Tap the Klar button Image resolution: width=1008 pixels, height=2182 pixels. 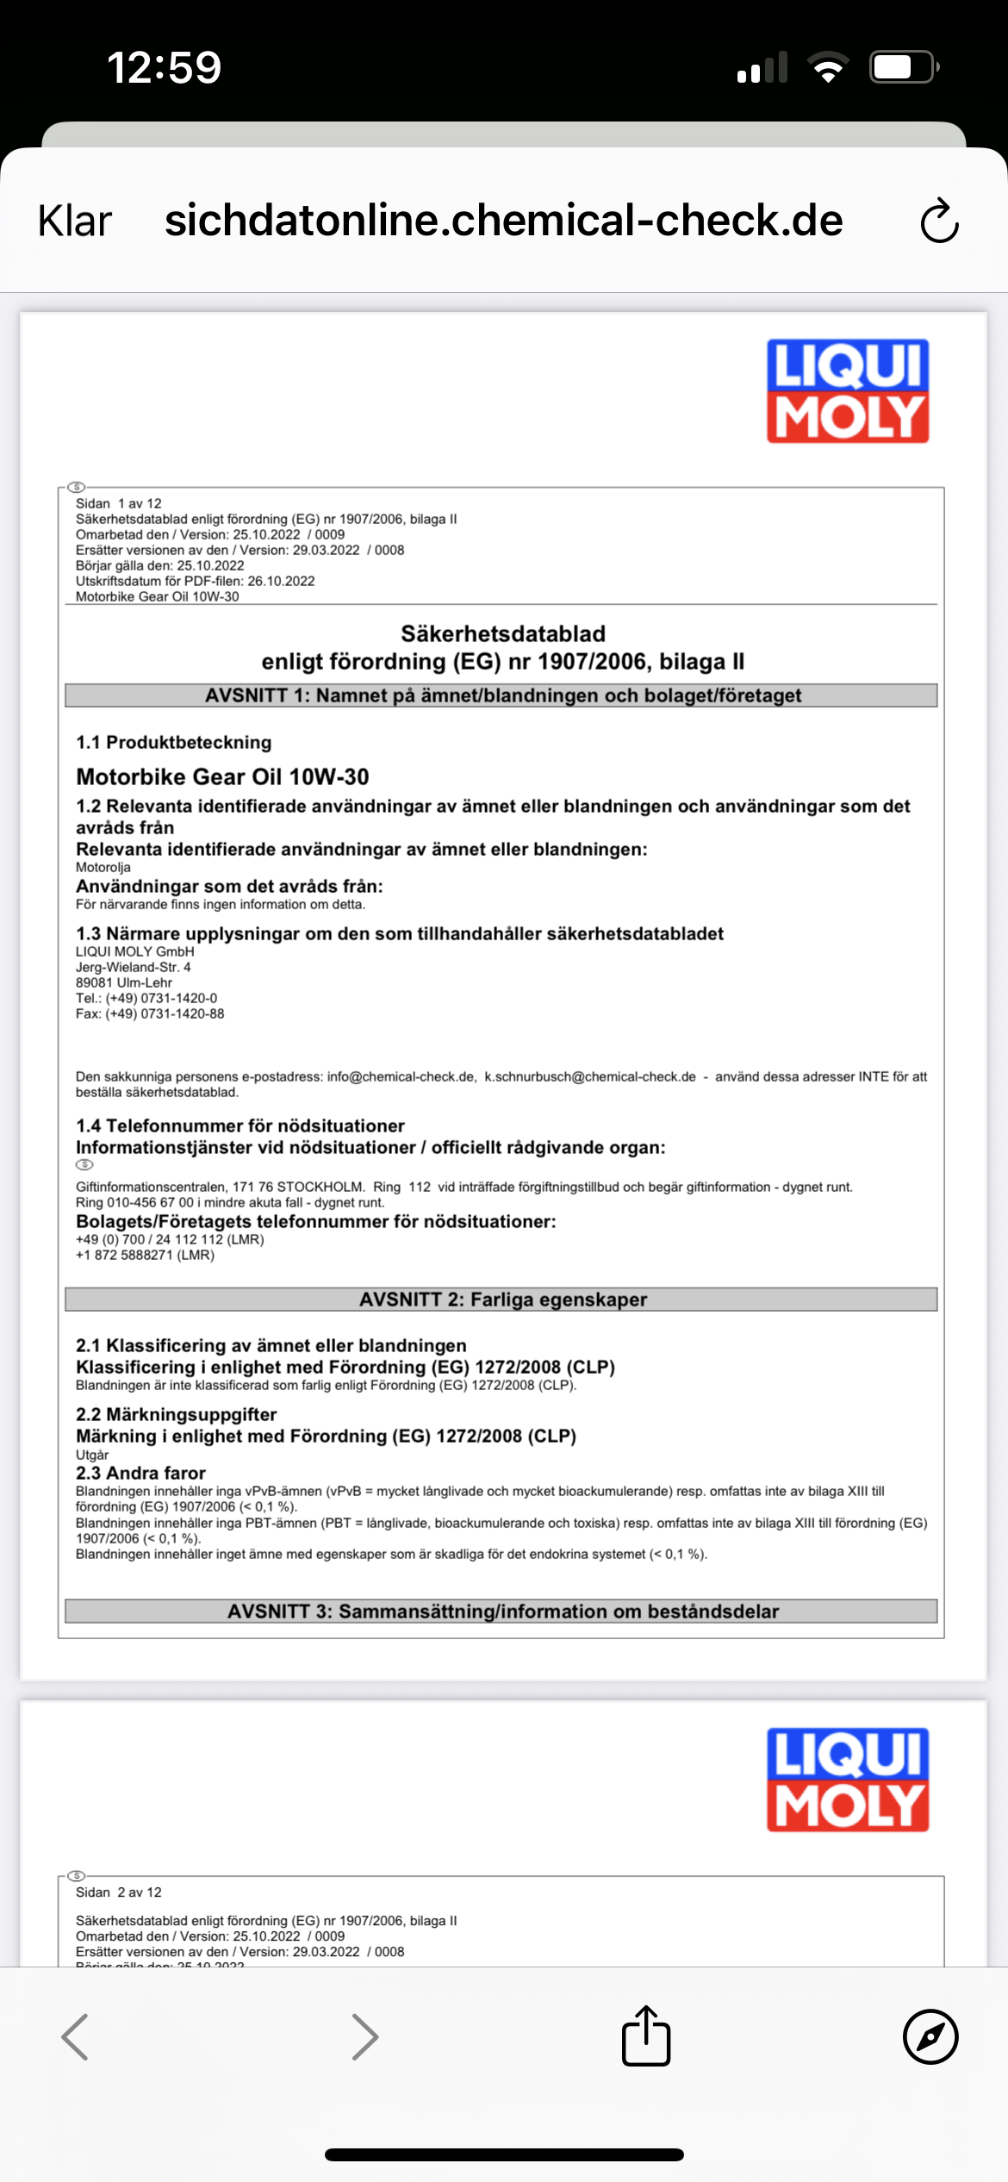75,221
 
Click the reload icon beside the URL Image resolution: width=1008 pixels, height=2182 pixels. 938,221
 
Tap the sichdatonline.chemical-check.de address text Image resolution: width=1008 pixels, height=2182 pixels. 503,221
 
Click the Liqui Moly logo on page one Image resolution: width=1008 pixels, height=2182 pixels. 848,391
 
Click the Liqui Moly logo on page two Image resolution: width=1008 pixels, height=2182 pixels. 848,1780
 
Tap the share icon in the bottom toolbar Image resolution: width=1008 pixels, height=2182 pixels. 646,2037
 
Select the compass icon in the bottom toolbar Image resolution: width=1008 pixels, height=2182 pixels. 930,2037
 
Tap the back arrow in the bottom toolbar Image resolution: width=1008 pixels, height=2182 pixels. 76,2037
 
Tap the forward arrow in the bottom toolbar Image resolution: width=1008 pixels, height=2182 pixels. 365,2037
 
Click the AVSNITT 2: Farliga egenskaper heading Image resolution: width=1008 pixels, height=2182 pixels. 502,1300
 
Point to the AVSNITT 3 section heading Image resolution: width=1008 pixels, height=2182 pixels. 502,1612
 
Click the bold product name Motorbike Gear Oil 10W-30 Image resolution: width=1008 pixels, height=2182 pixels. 222,777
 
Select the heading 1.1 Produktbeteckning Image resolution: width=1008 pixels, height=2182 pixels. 173,743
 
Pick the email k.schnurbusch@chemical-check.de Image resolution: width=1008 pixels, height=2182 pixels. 590,1077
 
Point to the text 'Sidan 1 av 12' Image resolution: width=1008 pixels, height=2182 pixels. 119,504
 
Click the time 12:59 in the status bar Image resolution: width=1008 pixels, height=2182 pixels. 164,67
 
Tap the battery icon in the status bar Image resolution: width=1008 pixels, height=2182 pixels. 903,67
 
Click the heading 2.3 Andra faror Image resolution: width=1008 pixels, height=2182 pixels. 140,1474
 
